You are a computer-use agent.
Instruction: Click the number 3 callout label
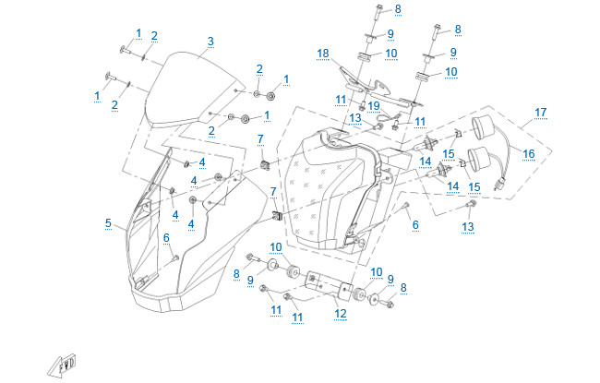(x=210, y=42)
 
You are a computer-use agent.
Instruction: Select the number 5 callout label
(x=108, y=223)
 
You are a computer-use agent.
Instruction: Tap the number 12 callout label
(x=341, y=314)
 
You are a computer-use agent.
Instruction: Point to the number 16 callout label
(x=529, y=153)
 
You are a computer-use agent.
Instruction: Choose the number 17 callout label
(x=540, y=113)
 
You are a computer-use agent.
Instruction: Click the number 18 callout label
(x=323, y=53)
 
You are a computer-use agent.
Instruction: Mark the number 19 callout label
(x=374, y=106)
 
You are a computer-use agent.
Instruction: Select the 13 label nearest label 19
(x=355, y=116)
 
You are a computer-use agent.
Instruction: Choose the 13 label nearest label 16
(x=468, y=226)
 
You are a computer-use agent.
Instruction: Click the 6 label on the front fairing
(x=166, y=237)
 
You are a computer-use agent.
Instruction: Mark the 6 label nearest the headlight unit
(x=415, y=224)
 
